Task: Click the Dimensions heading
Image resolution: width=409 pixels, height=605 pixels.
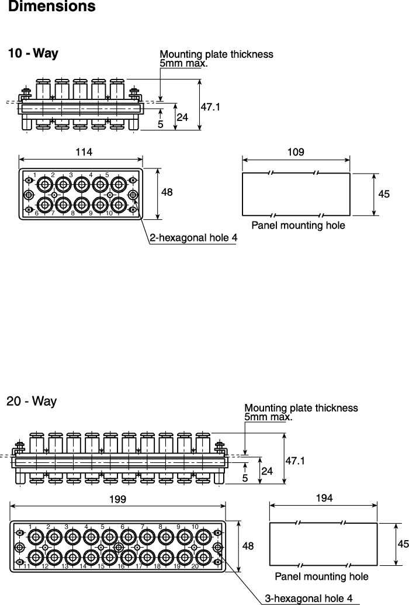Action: [x=51, y=6]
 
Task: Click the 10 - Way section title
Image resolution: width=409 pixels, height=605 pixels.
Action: [x=33, y=53]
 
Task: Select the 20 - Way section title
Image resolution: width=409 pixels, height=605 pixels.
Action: [x=32, y=401]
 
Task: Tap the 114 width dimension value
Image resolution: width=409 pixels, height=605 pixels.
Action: [x=84, y=151]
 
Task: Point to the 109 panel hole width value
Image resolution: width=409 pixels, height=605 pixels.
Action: [x=296, y=152]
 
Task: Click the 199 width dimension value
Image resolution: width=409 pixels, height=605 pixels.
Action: [x=117, y=499]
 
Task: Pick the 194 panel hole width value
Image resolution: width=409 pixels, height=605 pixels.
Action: [x=324, y=498]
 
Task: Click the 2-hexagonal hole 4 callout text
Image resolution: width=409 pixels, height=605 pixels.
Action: [x=194, y=238]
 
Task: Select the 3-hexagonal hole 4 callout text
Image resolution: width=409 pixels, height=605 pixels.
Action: [x=309, y=598]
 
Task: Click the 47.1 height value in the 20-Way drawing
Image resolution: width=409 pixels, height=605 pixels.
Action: [x=295, y=460]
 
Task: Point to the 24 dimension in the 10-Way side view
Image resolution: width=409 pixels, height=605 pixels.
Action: [x=182, y=117]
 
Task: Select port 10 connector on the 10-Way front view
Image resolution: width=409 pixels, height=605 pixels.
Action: [x=119, y=205]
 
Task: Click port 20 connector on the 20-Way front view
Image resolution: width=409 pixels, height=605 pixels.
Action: [x=203, y=556]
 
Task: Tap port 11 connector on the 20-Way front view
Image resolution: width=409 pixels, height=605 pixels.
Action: [x=36, y=556]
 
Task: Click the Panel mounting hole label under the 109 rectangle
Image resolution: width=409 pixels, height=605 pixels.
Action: [x=298, y=225]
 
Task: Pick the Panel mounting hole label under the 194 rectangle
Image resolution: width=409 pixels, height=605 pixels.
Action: [x=321, y=576]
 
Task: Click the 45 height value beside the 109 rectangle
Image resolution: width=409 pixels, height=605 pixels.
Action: [x=384, y=193]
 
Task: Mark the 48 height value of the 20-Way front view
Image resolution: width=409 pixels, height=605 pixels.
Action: [x=248, y=545]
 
